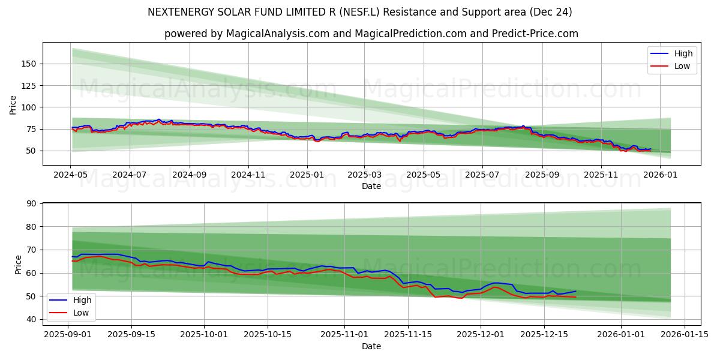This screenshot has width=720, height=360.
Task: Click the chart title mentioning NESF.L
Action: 359,12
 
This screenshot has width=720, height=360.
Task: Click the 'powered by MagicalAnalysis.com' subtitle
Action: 371,34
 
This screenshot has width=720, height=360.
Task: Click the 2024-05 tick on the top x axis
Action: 71,175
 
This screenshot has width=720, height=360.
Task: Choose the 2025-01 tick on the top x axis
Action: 307,175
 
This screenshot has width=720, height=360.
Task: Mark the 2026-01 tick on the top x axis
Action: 660,175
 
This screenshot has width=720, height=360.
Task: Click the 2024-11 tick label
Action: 248,175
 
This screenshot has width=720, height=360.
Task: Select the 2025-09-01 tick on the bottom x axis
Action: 67,334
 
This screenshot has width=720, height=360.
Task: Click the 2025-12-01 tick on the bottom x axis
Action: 480,334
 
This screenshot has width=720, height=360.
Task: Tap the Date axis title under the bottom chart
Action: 371,346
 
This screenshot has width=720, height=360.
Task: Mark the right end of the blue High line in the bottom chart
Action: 576,291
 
